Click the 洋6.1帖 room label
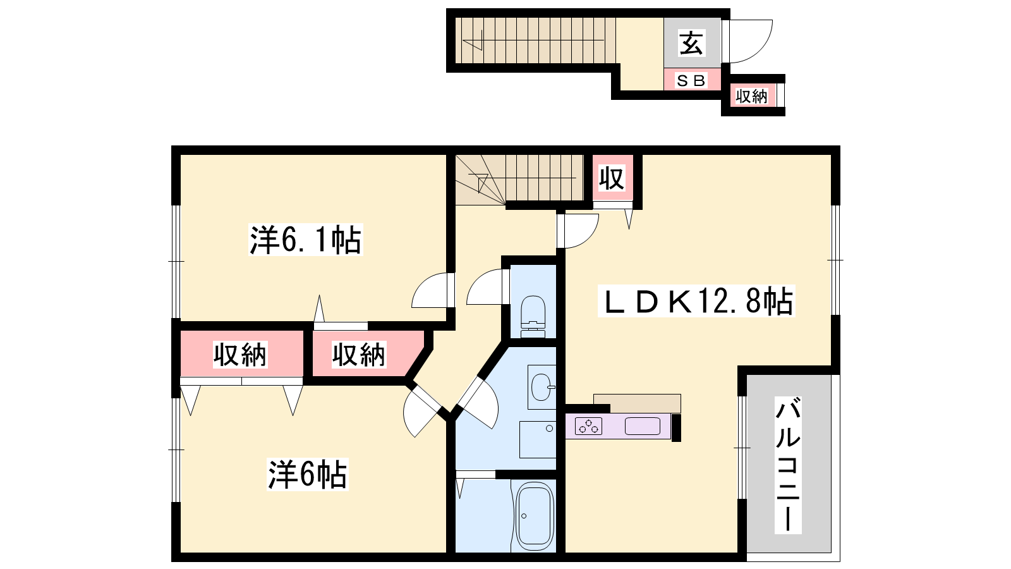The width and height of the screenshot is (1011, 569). [x=306, y=240]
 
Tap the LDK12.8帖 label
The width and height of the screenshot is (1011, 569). [x=696, y=301]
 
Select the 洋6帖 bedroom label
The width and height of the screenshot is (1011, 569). [x=307, y=474]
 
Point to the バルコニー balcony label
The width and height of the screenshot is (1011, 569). [x=788, y=465]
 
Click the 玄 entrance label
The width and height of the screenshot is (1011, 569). [x=692, y=44]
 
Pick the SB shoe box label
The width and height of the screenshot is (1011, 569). [x=691, y=80]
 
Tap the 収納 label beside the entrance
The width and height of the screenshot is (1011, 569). [x=751, y=96]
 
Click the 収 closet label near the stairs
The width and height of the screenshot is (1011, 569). [x=612, y=178]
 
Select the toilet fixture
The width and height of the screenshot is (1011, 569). [x=533, y=317]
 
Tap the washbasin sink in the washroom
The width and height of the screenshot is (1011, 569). [x=542, y=387]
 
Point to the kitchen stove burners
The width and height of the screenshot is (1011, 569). [x=588, y=426]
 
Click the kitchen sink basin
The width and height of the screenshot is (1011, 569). [x=642, y=426]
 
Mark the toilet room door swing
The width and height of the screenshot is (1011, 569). [x=485, y=287]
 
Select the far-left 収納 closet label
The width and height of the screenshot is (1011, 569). [x=240, y=355]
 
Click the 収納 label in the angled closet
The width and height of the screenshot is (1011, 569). [x=359, y=355]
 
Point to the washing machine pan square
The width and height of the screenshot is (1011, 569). [x=538, y=439]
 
